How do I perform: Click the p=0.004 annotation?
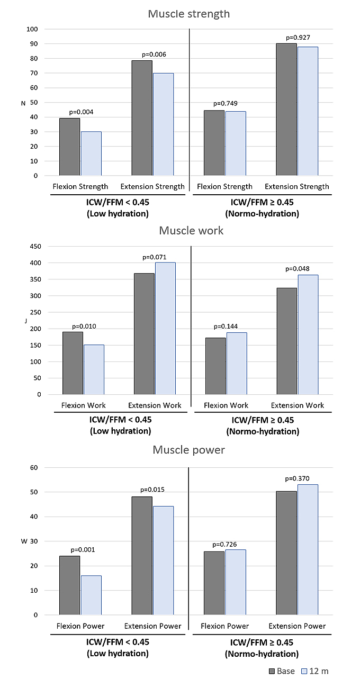click(x=79, y=112)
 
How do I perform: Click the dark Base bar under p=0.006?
click(x=141, y=117)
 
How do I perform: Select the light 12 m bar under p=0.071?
click(x=165, y=328)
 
